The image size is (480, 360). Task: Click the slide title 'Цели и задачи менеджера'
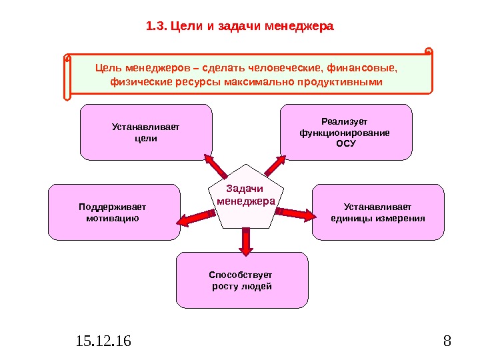point(252,27)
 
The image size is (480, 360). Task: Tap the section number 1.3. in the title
point(157,27)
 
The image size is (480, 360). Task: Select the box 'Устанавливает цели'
point(146,132)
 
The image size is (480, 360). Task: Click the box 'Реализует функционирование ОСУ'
point(345,132)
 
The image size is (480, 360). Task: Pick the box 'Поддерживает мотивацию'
point(115,212)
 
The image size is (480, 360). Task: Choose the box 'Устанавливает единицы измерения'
point(377,212)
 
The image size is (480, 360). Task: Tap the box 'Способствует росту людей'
point(242,280)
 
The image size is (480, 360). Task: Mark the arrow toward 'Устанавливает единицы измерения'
point(295,213)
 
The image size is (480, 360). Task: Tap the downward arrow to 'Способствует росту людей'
point(246,242)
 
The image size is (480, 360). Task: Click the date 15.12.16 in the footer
point(104,342)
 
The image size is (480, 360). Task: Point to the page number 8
point(447,342)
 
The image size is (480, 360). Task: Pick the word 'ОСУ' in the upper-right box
point(345,143)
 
